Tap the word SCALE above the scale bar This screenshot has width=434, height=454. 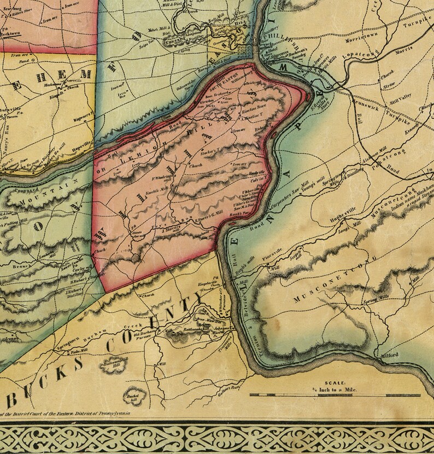[334, 383]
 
